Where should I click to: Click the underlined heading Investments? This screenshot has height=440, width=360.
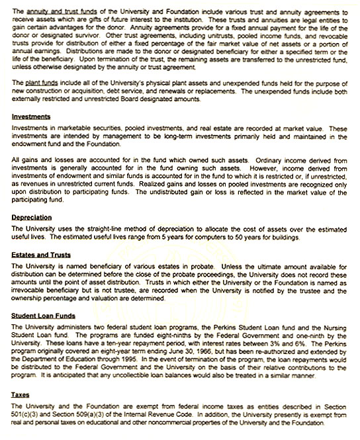pos(32,116)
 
